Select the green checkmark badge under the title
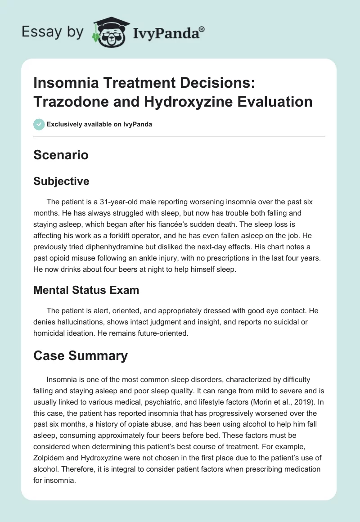click(x=39, y=124)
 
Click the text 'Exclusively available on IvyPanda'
click(x=99, y=124)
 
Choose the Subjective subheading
click(x=61, y=181)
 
